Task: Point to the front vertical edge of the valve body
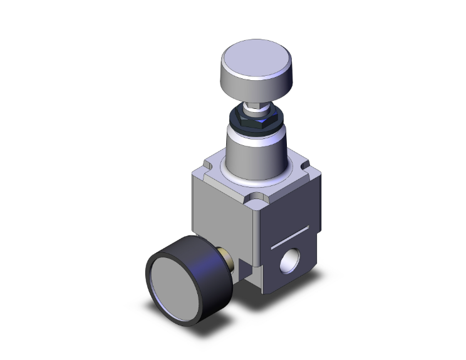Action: pyautogui.click(x=256, y=244)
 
